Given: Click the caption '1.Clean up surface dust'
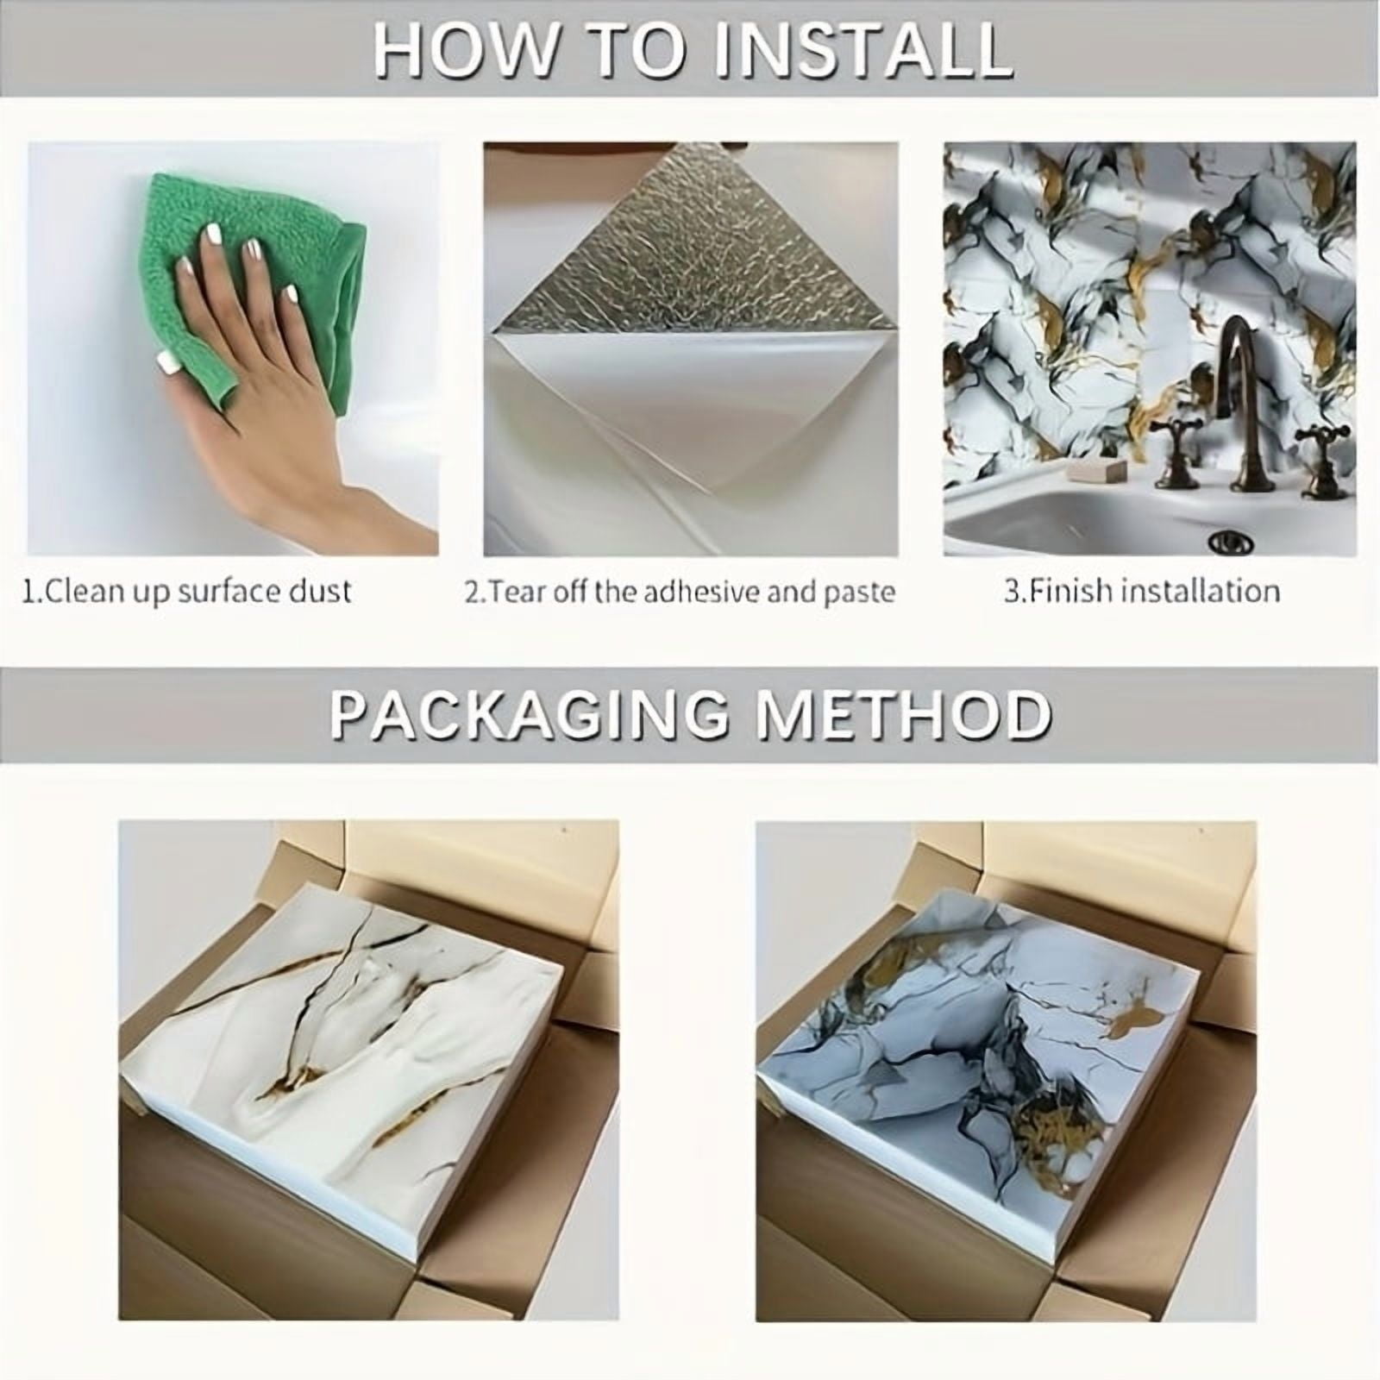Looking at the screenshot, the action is point(187,592).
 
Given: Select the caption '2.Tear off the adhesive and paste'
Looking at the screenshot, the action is point(680,592).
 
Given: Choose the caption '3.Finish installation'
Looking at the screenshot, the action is point(1141,592).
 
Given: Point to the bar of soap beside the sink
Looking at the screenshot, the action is point(1094,470).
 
